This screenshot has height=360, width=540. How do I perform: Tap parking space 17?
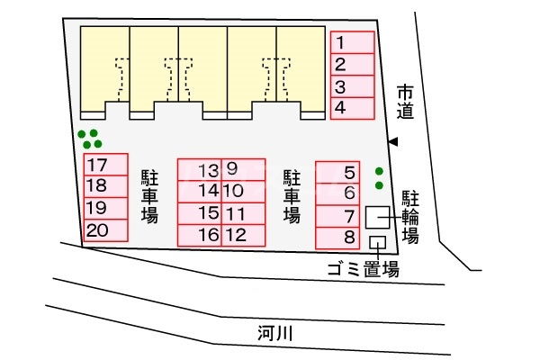pyautogui.click(x=105, y=165)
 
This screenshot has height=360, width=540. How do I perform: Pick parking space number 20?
pyautogui.click(x=105, y=230)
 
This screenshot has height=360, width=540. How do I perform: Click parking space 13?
pyautogui.click(x=200, y=169)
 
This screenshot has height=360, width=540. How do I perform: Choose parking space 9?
pyautogui.click(x=244, y=168)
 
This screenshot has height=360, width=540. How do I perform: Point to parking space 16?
pyautogui.click(x=200, y=235)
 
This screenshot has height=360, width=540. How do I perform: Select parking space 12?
pyautogui.click(x=244, y=235)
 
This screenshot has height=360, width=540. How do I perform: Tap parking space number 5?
pyautogui.click(x=337, y=172)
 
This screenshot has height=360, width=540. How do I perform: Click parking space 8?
pyautogui.click(x=337, y=238)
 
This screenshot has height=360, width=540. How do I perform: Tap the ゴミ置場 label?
pyautogui.click(x=364, y=269)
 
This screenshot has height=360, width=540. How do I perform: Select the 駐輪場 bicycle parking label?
pyautogui.click(x=410, y=217)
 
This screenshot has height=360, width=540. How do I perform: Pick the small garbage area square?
pyautogui.click(x=377, y=242)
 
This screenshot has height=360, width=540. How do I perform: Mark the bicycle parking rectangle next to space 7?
pyautogui.click(x=377, y=217)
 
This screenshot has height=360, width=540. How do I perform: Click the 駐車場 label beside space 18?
pyautogui.click(x=149, y=196)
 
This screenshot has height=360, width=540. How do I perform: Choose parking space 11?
pyautogui.click(x=244, y=213)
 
